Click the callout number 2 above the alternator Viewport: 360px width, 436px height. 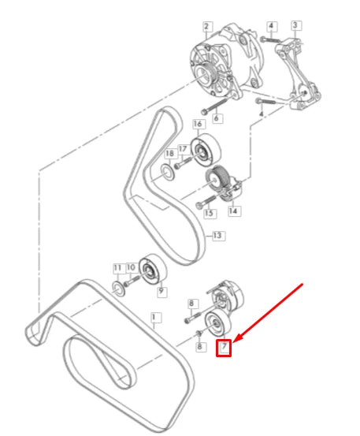206,26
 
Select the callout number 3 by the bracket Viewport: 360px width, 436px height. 295,25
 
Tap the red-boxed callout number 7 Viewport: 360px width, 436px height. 225,346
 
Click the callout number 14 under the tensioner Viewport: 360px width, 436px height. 234,211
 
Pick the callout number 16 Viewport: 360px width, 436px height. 198,124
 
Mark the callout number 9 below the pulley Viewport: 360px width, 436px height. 161,291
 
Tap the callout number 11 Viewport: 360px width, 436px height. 117,268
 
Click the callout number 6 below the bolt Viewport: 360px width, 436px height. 217,118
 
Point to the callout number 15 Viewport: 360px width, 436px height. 209,213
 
